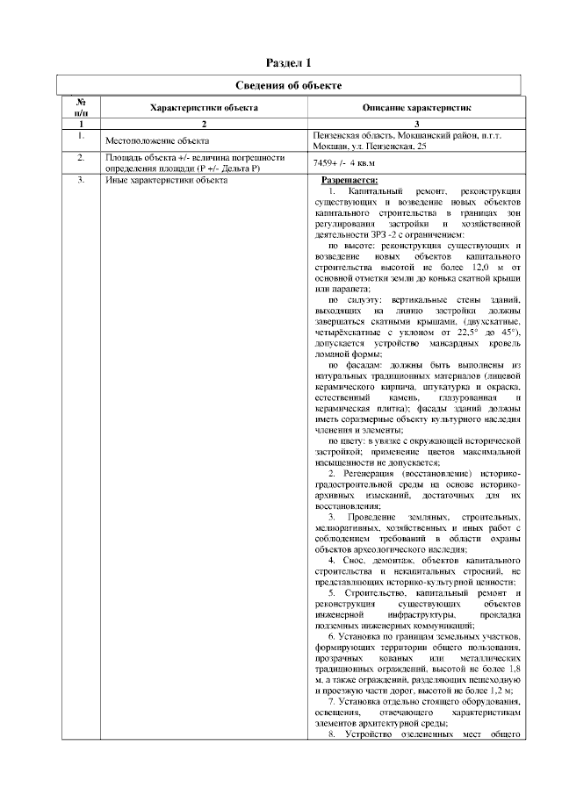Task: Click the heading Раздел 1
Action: [289, 63]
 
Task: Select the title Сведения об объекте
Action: [289, 85]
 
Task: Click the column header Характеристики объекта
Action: [204, 107]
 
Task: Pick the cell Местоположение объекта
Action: [156, 140]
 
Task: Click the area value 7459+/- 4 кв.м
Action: [343, 163]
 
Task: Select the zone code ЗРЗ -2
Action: [348, 234]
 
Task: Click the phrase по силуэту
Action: [346, 300]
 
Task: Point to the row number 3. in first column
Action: [81, 180]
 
